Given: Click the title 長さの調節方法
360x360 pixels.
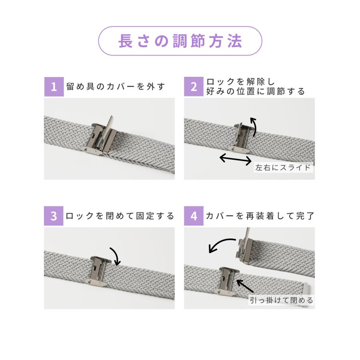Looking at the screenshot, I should pyautogui.click(x=180, y=41).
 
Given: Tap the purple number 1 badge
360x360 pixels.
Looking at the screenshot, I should pyautogui.click(x=54, y=87).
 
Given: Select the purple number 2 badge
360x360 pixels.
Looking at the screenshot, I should pyautogui.click(x=194, y=87).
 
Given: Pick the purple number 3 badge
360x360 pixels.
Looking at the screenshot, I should pyautogui.click(x=54, y=216).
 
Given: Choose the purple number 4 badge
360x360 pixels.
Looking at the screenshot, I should pyautogui.click(x=194, y=216).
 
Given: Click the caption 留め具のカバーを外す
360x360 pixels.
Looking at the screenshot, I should pyautogui.click(x=116, y=87).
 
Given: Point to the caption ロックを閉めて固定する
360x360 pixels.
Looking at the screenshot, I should pyautogui.click(x=120, y=216).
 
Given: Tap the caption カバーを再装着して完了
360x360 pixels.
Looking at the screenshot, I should pyautogui.click(x=260, y=216).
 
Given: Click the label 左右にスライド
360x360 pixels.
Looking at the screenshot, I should pyautogui.click(x=283, y=167).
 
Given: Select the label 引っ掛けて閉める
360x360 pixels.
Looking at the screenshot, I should pyautogui.click(x=282, y=300).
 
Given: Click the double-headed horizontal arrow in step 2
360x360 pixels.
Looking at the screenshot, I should pyautogui.click(x=236, y=159).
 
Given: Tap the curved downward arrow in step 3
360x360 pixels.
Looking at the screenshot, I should pyautogui.click(x=115, y=255).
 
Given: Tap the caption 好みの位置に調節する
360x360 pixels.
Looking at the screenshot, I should pyautogui.click(x=255, y=92).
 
